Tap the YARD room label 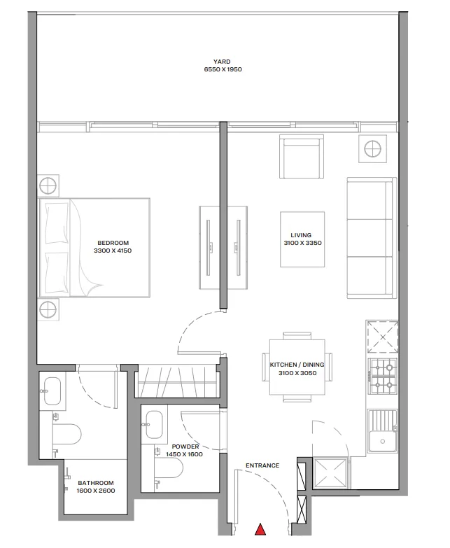point(222,61)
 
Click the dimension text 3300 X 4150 point(113,250)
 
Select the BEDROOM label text point(113,242)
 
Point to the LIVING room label point(301,235)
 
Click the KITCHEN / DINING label point(297,365)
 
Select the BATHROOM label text point(96,483)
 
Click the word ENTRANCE point(262,465)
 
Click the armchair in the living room point(302,158)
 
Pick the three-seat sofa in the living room point(370,238)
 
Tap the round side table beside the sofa point(372,148)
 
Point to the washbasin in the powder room point(154,423)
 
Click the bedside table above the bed point(48,186)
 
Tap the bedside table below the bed point(48,309)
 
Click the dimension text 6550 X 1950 point(222,70)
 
